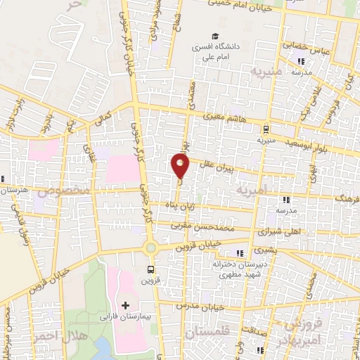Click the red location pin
pos(181,166)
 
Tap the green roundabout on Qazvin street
pos(150,247)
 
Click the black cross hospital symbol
pos(125,306)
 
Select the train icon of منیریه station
pos(265,129)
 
